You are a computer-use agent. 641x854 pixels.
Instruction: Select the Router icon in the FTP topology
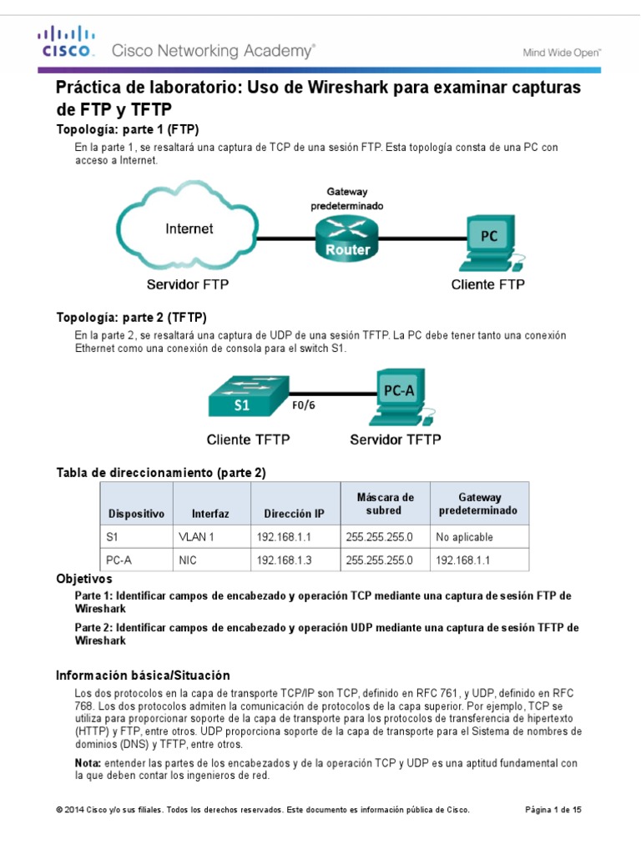click(347, 237)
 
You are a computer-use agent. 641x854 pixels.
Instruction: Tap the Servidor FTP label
click(188, 284)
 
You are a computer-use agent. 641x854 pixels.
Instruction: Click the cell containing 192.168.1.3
click(284, 560)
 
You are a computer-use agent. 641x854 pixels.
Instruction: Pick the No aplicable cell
click(464, 537)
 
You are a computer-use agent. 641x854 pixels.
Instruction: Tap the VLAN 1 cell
click(197, 537)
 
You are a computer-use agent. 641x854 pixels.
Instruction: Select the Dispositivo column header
click(136, 514)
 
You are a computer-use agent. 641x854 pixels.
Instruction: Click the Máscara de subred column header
click(385, 504)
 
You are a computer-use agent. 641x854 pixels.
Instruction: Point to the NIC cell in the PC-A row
click(187, 560)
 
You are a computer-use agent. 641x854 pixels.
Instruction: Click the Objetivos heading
click(83, 578)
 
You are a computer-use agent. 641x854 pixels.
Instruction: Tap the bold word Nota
click(88, 763)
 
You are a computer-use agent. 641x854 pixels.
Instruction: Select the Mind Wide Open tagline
click(562, 52)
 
